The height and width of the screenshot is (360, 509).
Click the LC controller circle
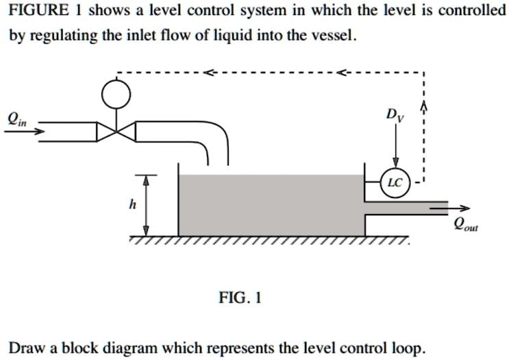pyautogui.click(x=395, y=182)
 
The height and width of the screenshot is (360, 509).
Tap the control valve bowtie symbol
pyautogui.click(x=116, y=132)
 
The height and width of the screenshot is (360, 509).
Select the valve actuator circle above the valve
pyautogui.click(x=116, y=94)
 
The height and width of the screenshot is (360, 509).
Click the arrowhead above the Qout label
pyautogui.click(x=467, y=208)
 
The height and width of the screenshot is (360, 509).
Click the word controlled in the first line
pyautogui.click(x=473, y=11)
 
